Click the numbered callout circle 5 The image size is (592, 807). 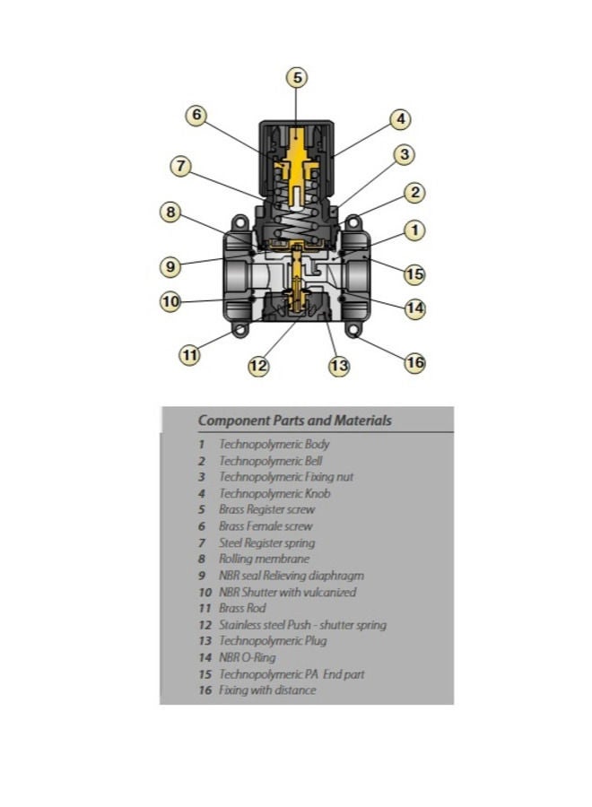pos(297,78)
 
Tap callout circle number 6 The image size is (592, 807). pos(196,114)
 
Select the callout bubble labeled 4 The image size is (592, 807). pos(401,119)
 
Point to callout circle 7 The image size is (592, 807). pos(180,166)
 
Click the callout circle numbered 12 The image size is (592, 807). pos(258,366)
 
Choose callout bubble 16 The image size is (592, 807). pos(415,363)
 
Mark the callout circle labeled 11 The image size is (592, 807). pos(189,354)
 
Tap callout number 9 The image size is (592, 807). pos(170,266)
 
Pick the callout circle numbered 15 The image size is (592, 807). pos(415,273)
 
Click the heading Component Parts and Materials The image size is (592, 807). pos(295,421)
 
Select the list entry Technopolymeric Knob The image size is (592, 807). pos(274,493)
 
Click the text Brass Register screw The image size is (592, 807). pos(266,509)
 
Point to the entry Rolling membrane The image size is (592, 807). pos(264,559)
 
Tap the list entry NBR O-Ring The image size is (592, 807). pos(247,657)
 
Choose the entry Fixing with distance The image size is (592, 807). pos(267,690)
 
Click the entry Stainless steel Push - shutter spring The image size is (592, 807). pos(302,625)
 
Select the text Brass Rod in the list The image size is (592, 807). pos(242,608)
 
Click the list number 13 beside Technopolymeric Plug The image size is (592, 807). pos(205,641)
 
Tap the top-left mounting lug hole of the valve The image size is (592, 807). pos(239,223)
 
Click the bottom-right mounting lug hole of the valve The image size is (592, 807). pos(353,328)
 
